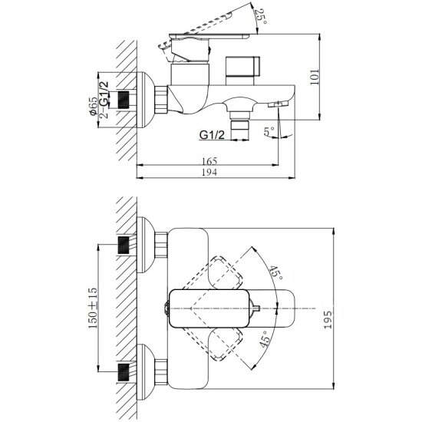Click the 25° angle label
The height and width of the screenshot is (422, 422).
click(x=261, y=16)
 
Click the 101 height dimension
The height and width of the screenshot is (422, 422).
click(x=315, y=77)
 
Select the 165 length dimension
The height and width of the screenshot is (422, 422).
click(x=209, y=161)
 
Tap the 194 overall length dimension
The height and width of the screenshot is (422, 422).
click(x=209, y=172)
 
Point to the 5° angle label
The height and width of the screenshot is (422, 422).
click(x=269, y=132)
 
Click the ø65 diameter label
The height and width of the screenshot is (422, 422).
click(x=94, y=107)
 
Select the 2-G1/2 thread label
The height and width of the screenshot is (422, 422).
click(x=104, y=100)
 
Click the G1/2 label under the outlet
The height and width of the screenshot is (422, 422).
click(x=212, y=134)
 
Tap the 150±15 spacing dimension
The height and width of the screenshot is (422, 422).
click(x=93, y=308)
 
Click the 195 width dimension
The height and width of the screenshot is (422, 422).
click(x=328, y=319)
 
